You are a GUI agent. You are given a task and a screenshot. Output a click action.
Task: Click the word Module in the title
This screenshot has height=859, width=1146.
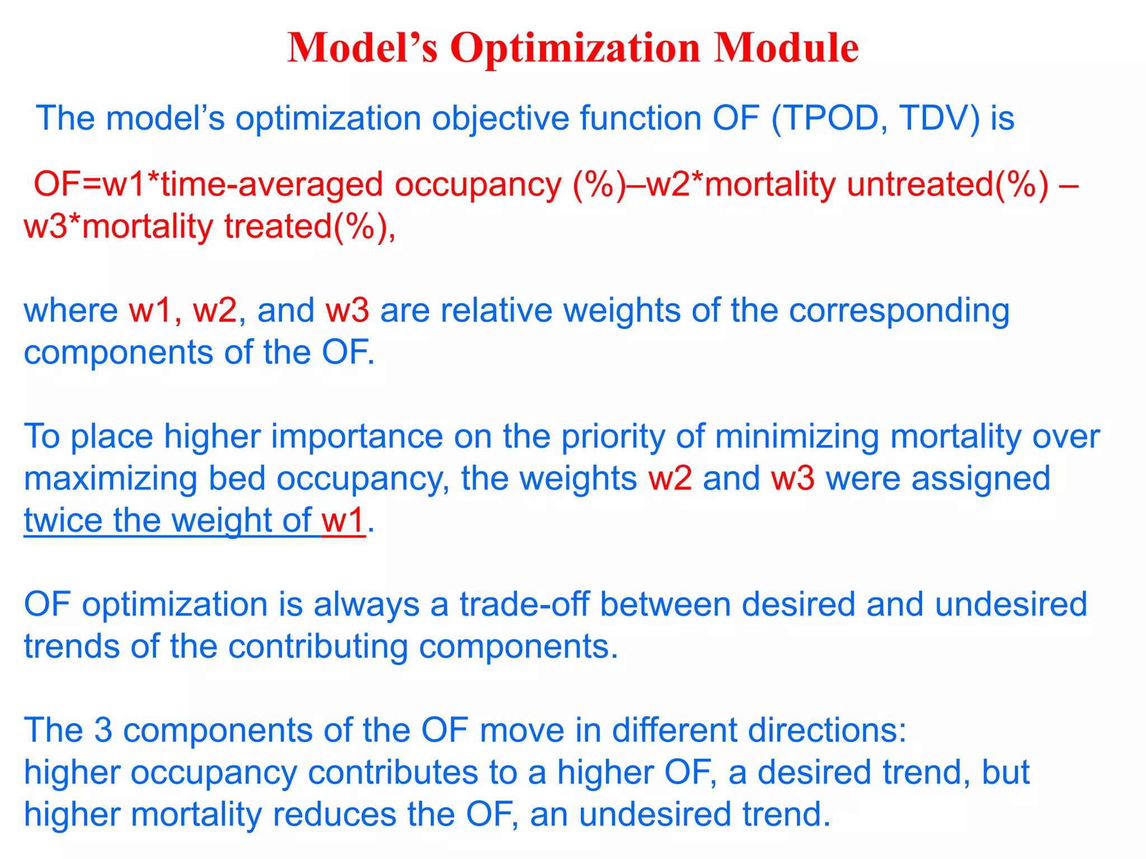[x=786, y=48]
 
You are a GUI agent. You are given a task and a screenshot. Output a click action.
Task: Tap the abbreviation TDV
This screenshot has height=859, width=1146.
[x=940, y=118]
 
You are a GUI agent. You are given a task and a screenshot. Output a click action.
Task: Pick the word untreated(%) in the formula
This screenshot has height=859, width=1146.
[x=947, y=185]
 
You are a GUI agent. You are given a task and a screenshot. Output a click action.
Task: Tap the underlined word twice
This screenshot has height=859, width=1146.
[x=63, y=521]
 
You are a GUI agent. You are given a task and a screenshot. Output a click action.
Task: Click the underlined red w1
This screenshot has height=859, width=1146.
[x=343, y=521]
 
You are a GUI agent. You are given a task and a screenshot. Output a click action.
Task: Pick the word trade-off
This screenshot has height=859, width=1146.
[x=524, y=605]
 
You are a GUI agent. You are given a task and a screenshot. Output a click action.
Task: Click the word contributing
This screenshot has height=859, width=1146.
[x=318, y=647]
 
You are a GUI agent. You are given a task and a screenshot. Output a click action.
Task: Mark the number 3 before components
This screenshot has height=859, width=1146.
[x=103, y=730]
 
